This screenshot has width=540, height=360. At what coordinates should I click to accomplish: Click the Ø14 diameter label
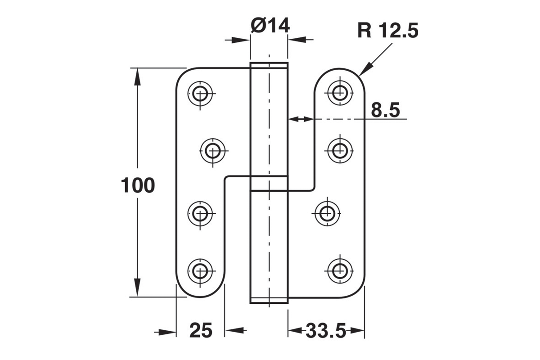pos(270,26)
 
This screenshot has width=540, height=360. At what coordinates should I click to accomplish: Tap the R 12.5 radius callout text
pos(388,31)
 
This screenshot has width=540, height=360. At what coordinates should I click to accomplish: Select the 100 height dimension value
pos(138,185)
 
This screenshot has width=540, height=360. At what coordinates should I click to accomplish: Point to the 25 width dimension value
pos(201,331)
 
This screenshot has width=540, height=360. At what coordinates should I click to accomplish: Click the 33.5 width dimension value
pos(326,331)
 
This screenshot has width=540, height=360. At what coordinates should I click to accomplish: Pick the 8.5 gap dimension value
pos(386,110)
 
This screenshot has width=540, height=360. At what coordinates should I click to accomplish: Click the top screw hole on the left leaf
pos(200,94)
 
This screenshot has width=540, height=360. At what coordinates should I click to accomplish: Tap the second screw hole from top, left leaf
pos(212,151)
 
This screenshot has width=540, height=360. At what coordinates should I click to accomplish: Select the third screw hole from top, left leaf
pos(200,214)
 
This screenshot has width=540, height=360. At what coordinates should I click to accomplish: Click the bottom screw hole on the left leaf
pos(200,271)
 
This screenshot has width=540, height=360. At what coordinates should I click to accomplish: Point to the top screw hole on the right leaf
pos(340,92)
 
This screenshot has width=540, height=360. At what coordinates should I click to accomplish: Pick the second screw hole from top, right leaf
pos(340,151)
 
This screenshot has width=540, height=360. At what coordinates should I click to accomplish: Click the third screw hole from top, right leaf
pos(327,214)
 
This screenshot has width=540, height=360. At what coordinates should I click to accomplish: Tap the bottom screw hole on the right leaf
pos(340,271)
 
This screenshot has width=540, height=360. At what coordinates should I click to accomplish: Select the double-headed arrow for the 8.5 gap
pos(301,119)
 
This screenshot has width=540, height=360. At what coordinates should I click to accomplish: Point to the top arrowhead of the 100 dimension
pos(137,76)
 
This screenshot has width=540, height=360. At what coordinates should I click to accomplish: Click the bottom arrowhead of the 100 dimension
pos(137,288)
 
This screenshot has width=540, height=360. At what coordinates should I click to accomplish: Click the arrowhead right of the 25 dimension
pos(234,330)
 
